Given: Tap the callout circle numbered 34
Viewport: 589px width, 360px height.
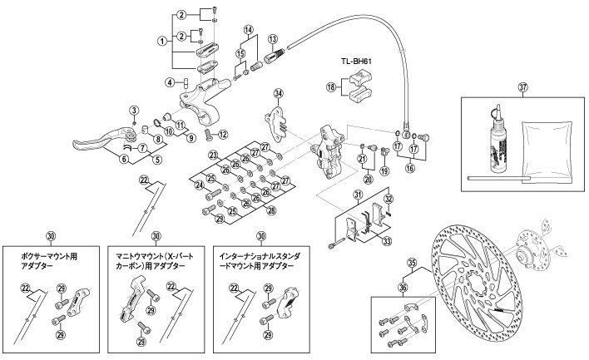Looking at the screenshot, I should pos(278,92).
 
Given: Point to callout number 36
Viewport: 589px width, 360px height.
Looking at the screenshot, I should pos(405,288).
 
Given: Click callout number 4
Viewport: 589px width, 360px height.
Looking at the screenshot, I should pos(168,81).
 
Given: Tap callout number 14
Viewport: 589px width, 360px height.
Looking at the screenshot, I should pos(247,30).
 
